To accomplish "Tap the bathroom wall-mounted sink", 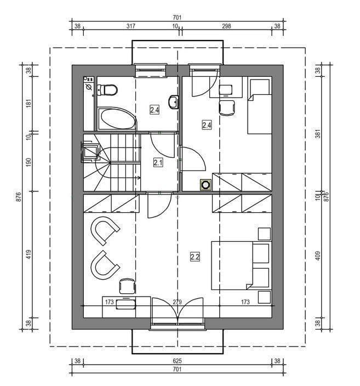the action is click(x=174, y=102).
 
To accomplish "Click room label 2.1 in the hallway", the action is click(x=158, y=162).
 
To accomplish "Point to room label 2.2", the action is click(x=195, y=257).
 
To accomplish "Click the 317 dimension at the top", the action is click(x=130, y=26).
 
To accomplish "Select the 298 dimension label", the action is click(x=226, y=26).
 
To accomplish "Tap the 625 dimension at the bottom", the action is click(x=177, y=361).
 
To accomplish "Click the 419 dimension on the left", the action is click(x=29, y=254).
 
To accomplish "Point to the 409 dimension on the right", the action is click(x=318, y=256).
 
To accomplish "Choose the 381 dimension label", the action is click(x=318, y=133).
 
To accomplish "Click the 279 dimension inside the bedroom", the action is click(x=177, y=302).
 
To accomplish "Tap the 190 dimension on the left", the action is click(x=29, y=162).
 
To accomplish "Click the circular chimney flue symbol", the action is click(x=205, y=185).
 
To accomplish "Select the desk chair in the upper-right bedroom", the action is click(x=227, y=108).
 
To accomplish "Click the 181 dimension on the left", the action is click(x=29, y=103).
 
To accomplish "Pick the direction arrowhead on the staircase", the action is click(x=139, y=178).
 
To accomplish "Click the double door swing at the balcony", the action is click(x=178, y=311).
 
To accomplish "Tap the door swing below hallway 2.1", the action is click(x=159, y=206).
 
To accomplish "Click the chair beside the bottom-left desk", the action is click(x=128, y=286).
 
